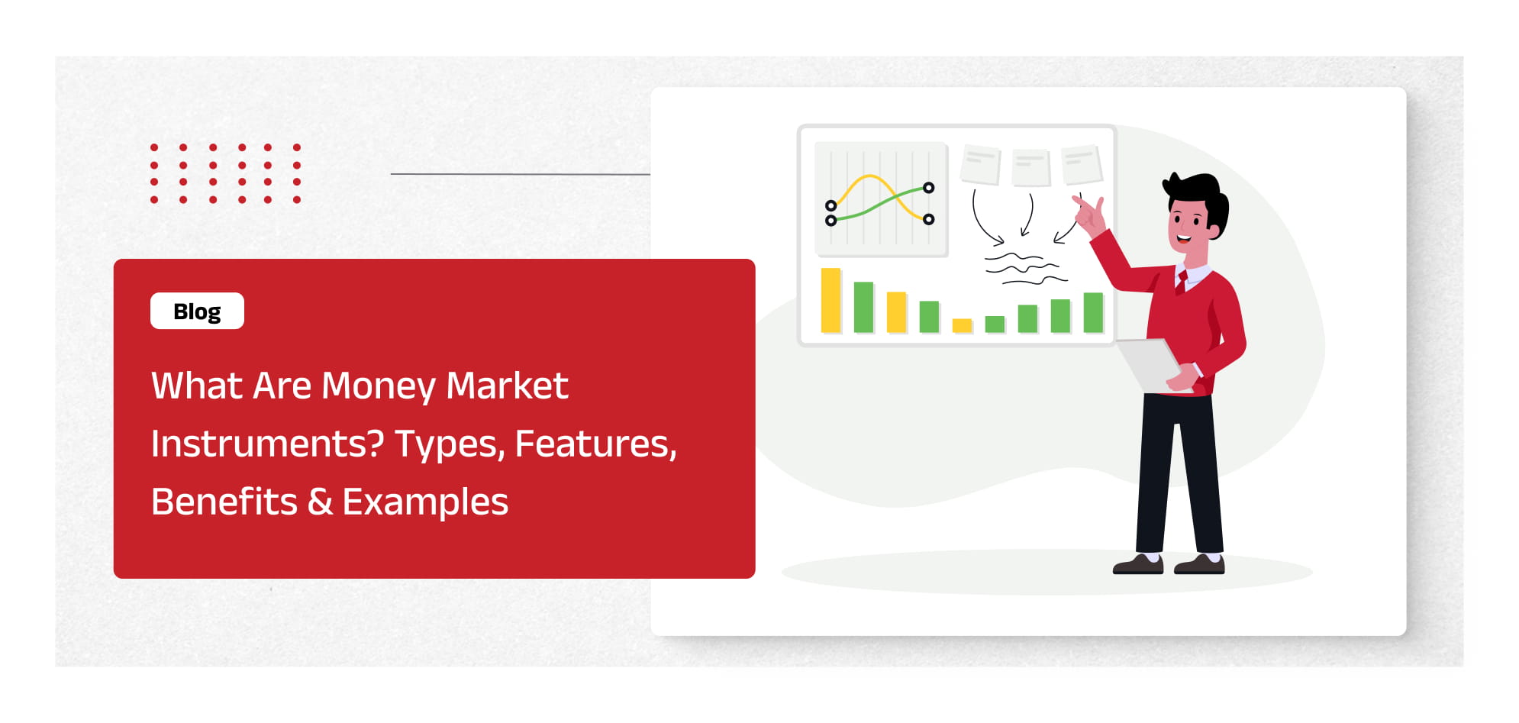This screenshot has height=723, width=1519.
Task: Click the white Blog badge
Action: tap(197, 311)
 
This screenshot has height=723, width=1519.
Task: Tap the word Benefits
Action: tap(224, 502)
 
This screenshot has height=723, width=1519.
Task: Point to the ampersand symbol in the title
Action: tap(320, 502)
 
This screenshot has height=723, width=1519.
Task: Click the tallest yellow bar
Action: tap(830, 300)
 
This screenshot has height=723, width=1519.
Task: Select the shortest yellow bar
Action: tap(963, 326)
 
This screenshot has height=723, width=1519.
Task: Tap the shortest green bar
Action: tap(995, 324)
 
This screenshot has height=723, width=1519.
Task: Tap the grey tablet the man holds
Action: tap(1151, 364)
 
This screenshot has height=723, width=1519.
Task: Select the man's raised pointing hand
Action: tap(1089, 213)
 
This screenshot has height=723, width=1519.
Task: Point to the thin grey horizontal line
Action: tap(521, 174)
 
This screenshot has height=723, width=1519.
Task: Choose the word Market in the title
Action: tap(507, 386)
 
